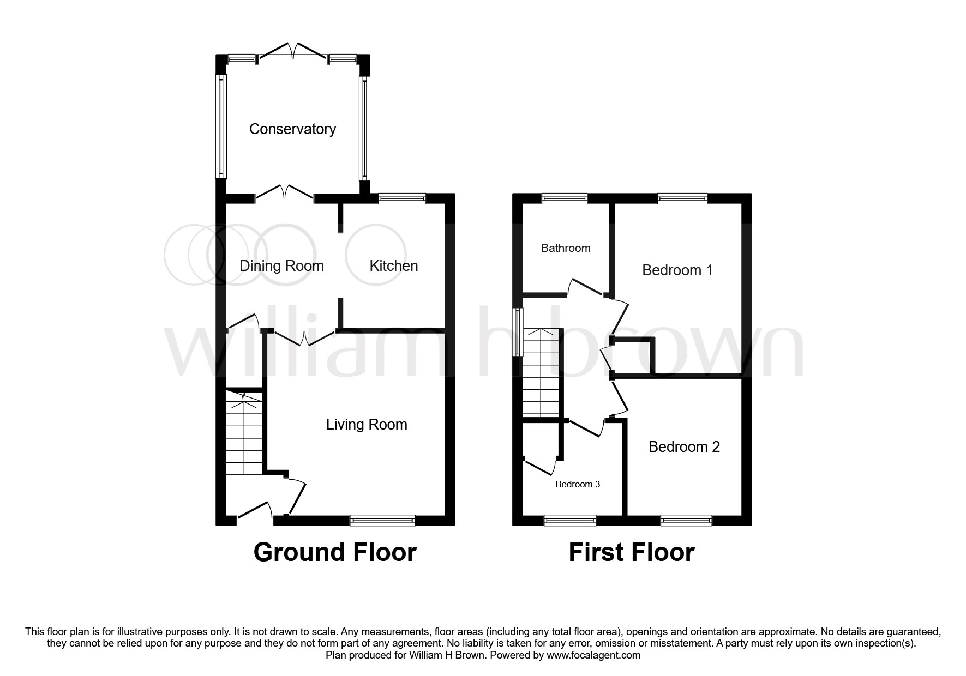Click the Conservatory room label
point(292,129)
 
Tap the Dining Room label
point(281,266)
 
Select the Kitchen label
point(393,266)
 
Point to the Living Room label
point(367,425)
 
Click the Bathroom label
point(566,248)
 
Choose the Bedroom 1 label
point(677,270)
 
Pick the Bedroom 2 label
point(684,447)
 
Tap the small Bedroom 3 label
point(578,484)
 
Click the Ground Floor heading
point(335,552)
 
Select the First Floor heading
point(631,552)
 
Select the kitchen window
point(402,199)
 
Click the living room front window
point(382,521)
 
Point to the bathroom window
point(565,199)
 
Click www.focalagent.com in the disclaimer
point(593,655)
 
